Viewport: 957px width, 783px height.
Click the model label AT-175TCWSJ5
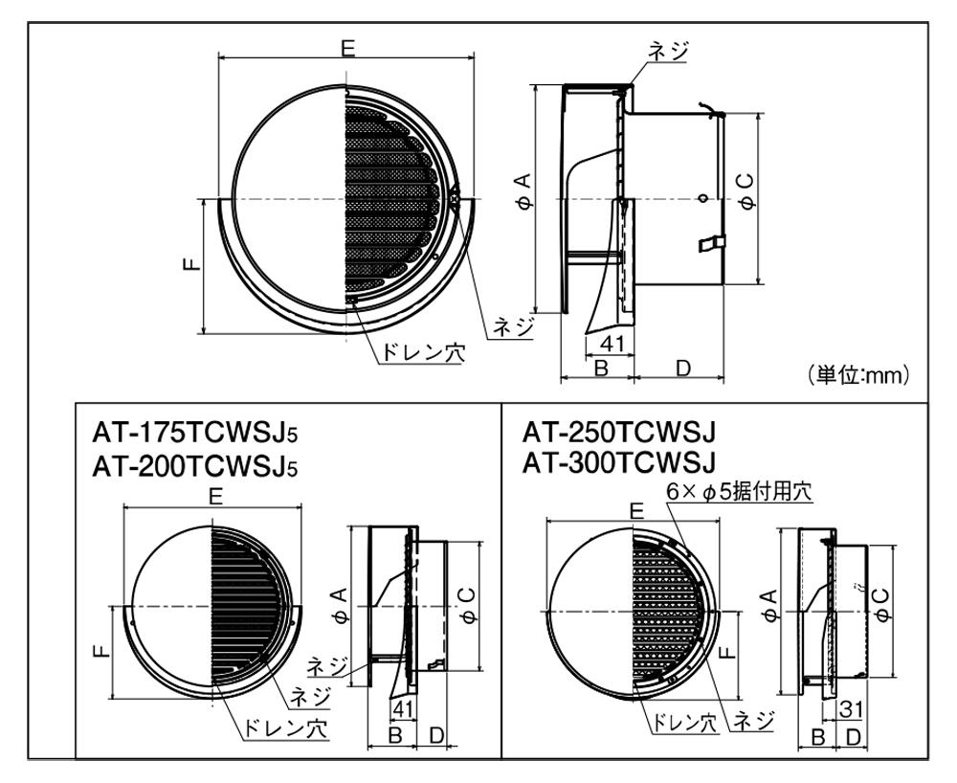coord(195,434)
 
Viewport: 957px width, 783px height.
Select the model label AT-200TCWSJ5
coord(195,467)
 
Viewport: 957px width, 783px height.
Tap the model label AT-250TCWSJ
coord(618,433)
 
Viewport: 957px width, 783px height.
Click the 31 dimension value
coord(851,709)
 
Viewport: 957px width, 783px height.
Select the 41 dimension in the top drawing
coord(612,344)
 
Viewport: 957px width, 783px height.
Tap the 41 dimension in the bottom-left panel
coord(402,708)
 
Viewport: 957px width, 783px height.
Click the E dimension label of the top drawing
coord(348,48)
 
